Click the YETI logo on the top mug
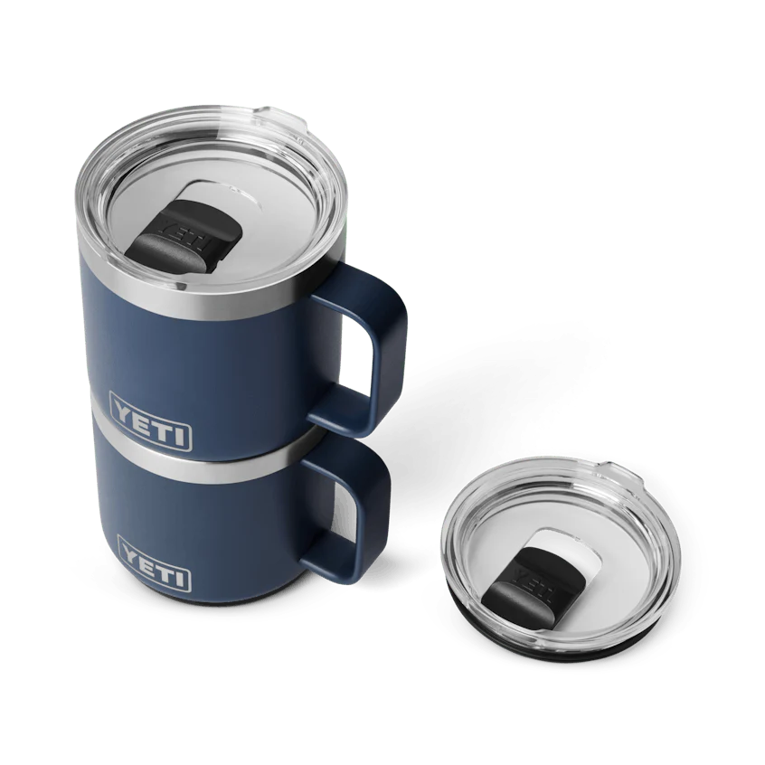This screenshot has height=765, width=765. pyautogui.click(x=151, y=420)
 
